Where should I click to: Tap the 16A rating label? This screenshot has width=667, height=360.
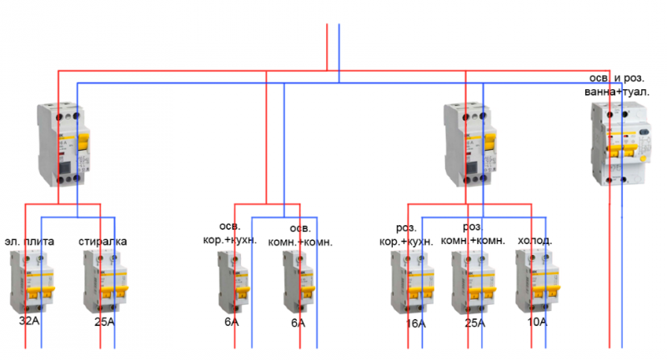click(x=415, y=323)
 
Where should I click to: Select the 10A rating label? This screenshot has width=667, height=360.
click(x=537, y=322)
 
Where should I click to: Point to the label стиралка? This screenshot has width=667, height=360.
click(x=103, y=242)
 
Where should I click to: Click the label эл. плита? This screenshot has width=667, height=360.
click(x=30, y=242)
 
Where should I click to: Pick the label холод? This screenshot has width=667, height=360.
click(x=535, y=242)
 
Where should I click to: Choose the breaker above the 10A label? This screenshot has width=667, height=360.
click(x=537, y=283)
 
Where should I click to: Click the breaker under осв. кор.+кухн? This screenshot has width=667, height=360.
click(x=233, y=283)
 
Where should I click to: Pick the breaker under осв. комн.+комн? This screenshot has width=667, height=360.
click(x=298, y=283)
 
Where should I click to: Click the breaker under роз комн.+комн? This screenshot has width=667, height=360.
click(x=474, y=283)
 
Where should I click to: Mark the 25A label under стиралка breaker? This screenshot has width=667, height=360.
click(x=103, y=322)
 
